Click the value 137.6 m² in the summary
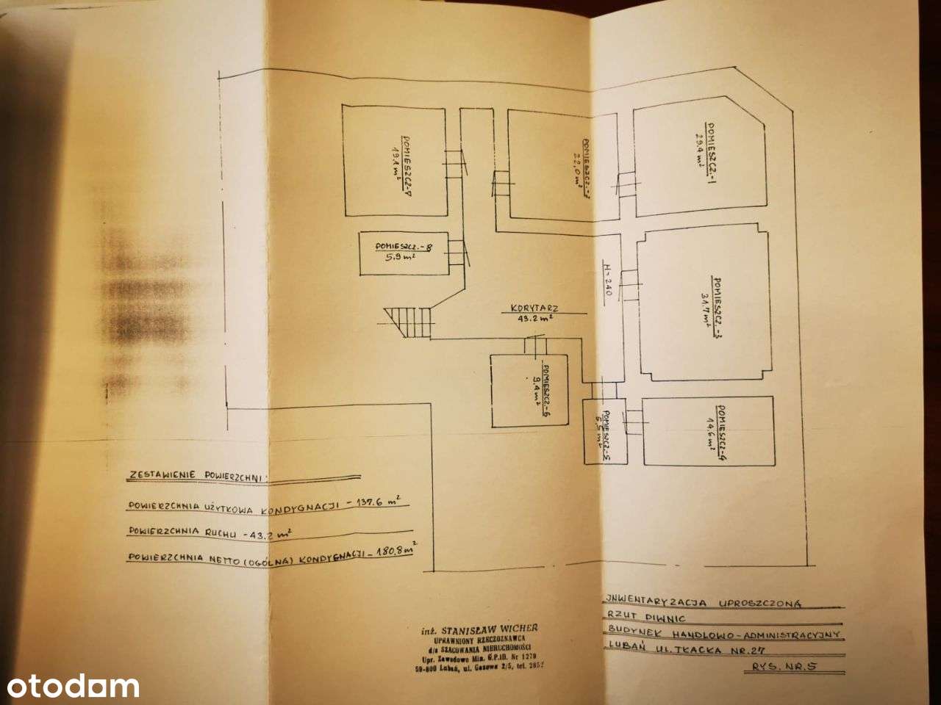coord(372,504)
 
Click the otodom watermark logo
coord(70,687)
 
